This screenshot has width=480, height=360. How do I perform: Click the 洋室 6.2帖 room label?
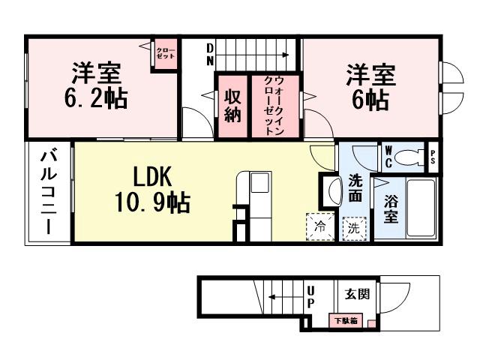(x=97, y=87)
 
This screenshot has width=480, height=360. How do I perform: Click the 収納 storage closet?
(x=232, y=106)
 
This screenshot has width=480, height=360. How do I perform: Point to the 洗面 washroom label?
(x=356, y=187)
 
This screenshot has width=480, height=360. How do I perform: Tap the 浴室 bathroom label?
(x=391, y=208)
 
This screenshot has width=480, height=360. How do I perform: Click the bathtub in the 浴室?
(x=422, y=209)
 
